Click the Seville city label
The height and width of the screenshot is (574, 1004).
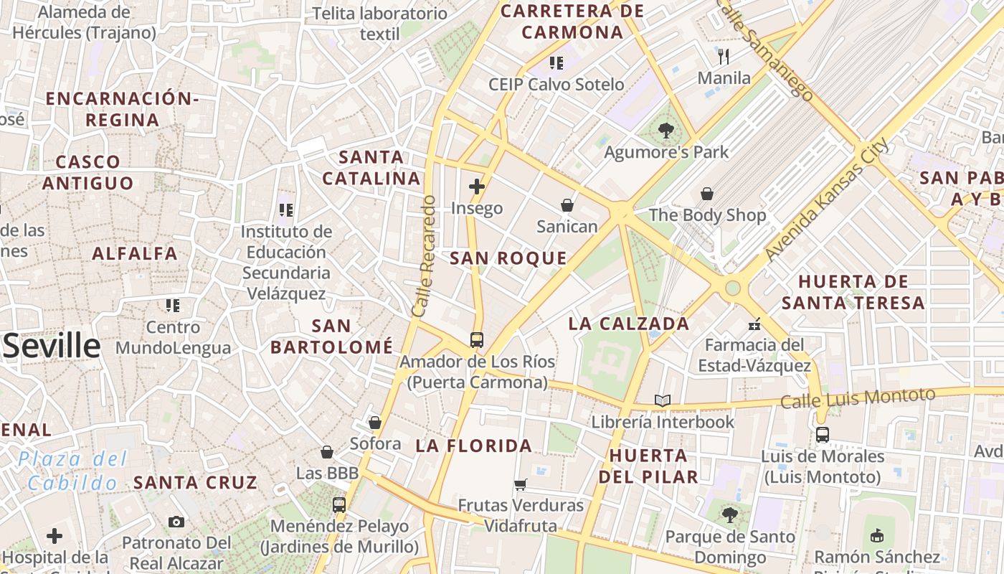tap(52, 347)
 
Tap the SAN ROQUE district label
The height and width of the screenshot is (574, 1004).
tap(508, 258)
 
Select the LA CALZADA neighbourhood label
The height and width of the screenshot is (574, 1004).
tap(629, 324)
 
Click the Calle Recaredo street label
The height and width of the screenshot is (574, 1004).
tap(425, 256)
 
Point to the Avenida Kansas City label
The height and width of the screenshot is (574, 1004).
tap(826, 199)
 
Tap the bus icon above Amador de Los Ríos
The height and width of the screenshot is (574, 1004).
tap(477, 339)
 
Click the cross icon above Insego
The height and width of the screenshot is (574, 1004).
tap(477, 187)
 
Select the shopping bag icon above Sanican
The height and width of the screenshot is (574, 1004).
tap(567, 205)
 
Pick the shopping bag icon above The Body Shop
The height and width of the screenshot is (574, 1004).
tap(707, 194)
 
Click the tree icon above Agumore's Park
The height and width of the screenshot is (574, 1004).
tap(666, 131)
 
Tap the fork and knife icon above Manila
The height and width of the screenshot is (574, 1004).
tap(724, 56)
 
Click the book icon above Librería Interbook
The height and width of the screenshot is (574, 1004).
tap(663, 400)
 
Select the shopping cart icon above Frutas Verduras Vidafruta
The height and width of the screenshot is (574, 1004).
tap(521, 484)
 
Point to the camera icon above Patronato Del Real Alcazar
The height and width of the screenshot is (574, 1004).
tap(176, 522)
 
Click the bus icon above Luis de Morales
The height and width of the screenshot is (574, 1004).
tap(823, 434)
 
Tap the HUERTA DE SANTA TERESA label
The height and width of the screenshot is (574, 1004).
tap(853, 292)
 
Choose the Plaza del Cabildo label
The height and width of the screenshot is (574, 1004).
tap(72, 471)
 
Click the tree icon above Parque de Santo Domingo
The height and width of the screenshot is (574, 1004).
tap(730, 514)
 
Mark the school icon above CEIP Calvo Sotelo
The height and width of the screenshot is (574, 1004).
tap(557, 63)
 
